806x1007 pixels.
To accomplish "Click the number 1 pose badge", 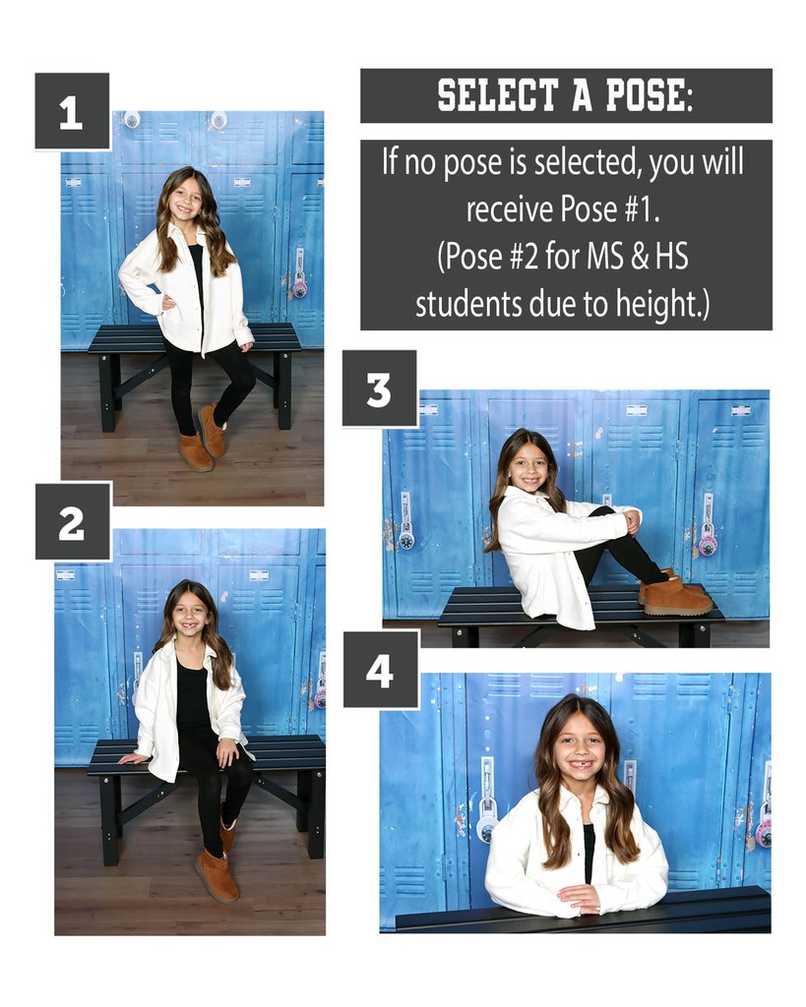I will (x=71, y=111).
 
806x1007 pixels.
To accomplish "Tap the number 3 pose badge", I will (x=379, y=388).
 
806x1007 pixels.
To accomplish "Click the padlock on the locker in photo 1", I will (x=299, y=284).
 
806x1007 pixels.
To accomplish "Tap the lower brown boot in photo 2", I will (x=217, y=876).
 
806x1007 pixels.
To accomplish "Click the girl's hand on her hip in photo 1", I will (x=166, y=302).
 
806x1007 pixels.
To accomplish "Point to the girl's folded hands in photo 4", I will (x=580, y=898).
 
